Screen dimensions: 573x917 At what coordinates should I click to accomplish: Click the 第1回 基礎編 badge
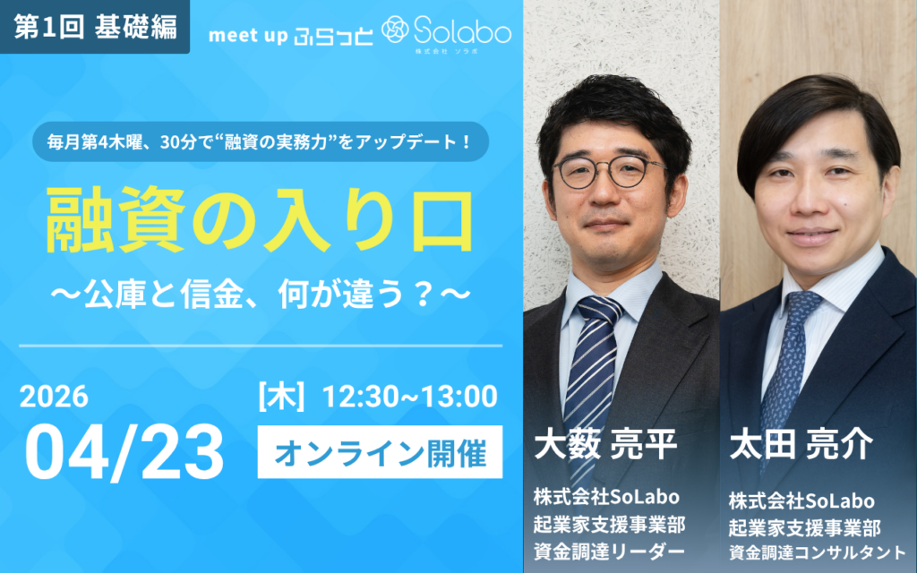point(95,26)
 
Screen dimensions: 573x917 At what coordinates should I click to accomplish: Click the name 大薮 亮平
point(607,445)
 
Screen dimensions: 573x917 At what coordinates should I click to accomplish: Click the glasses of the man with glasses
point(609,171)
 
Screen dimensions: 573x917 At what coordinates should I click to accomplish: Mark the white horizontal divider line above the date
point(260,345)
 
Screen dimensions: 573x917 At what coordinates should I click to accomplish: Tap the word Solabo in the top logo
point(462,32)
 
